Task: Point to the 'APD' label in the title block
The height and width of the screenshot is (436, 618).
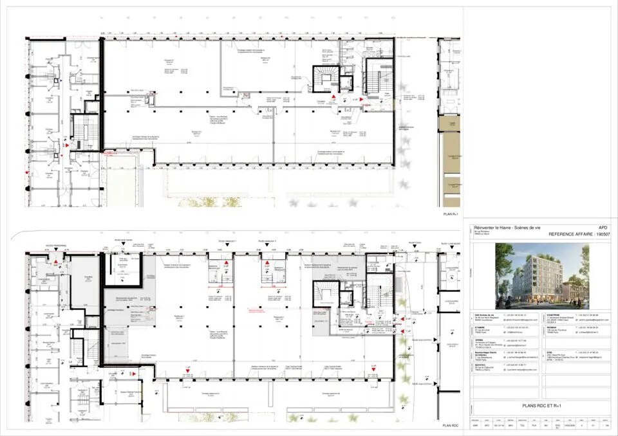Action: click(603, 228)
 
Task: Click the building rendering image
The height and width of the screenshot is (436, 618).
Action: click(539, 275)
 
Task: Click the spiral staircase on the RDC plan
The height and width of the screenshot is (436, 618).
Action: click(325, 294)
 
